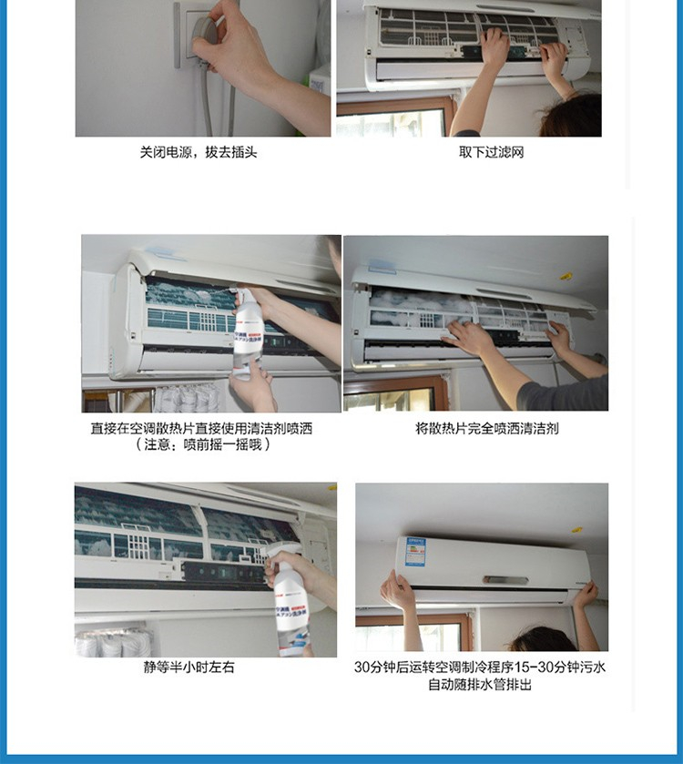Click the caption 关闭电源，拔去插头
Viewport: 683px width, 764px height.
pyautogui.click(x=199, y=152)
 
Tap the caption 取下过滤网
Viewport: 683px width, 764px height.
pyautogui.click(x=491, y=152)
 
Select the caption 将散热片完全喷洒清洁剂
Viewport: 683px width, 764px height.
pyautogui.click(x=486, y=428)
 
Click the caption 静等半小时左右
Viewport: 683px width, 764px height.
pyautogui.click(x=189, y=667)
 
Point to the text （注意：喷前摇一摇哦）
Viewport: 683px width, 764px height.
pyautogui.click(x=202, y=444)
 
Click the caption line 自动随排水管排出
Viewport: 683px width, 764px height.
pyautogui.click(x=480, y=685)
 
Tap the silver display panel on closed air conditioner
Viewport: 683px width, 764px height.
pyautogui.click(x=505, y=580)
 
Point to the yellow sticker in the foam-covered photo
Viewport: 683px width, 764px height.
pyautogui.click(x=566, y=276)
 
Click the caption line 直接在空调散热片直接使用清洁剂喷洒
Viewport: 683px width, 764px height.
pyautogui.click(x=201, y=428)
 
